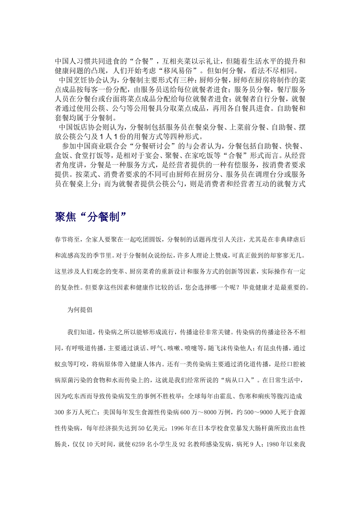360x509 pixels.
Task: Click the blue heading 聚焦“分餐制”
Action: tap(91, 217)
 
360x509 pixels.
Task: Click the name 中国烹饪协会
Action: tap(78, 80)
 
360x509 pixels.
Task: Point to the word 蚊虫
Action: tap(61, 364)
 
